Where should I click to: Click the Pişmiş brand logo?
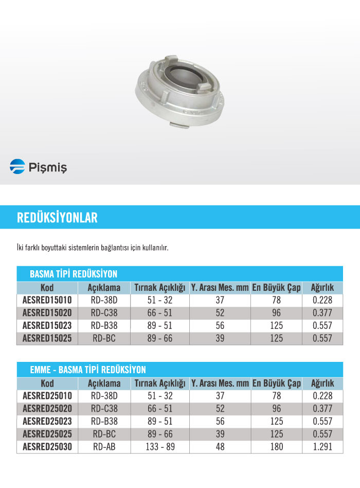(x=38, y=167)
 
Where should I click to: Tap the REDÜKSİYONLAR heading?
(x=57, y=217)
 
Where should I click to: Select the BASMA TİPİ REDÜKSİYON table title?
(x=74, y=274)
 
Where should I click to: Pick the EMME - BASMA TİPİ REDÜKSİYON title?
(x=88, y=370)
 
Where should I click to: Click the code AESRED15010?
(x=47, y=300)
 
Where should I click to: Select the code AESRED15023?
(x=47, y=325)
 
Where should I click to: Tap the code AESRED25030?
(x=47, y=447)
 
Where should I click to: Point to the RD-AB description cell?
(x=104, y=447)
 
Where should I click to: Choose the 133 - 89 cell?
(x=160, y=447)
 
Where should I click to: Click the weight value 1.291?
(x=322, y=447)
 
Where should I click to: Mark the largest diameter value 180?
(x=276, y=447)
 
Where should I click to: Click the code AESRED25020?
(x=47, y=409)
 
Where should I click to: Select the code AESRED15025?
(x=47, y=338)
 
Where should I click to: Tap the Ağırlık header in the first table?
(x=322, y=288)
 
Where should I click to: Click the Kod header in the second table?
(x=47, y=384)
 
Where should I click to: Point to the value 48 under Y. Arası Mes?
(x=220, y=447)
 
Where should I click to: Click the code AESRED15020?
(x=47, y=313)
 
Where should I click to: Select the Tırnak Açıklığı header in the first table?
(x=160, y=288)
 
